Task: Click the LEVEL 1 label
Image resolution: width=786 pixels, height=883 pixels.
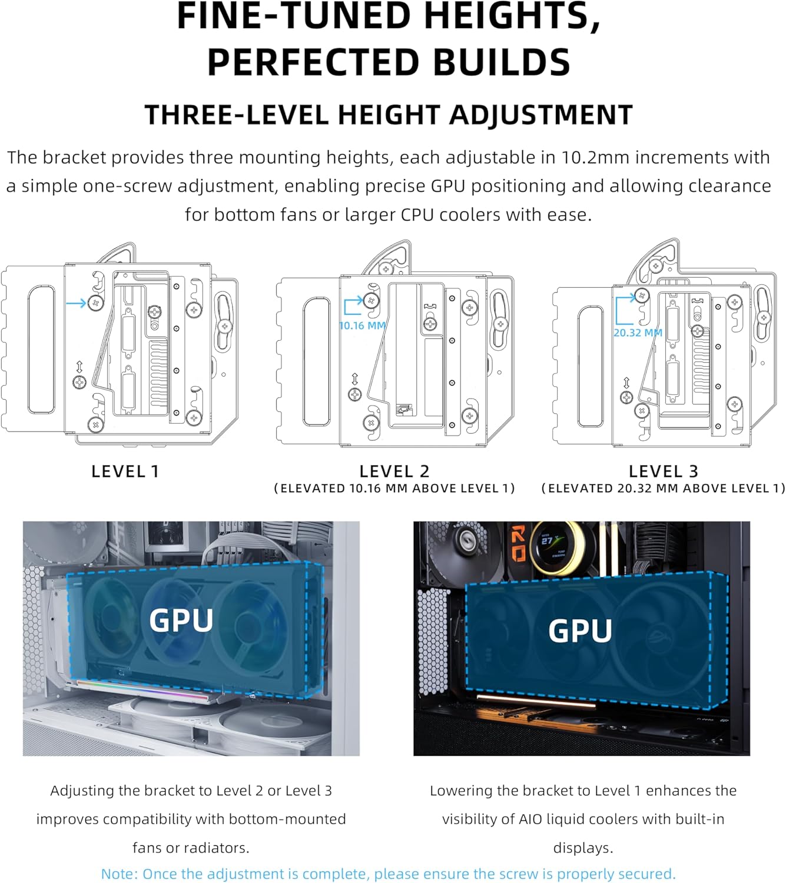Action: [125, 471]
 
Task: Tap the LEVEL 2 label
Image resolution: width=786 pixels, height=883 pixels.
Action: [394, 471]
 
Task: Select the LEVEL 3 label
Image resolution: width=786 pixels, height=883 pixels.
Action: [664, 471]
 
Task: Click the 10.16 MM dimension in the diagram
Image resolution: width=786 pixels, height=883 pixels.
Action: [362, 326]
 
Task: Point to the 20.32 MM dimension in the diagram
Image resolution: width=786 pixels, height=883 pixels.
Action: [638, 333]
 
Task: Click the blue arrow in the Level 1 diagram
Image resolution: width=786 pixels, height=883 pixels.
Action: [77, 303]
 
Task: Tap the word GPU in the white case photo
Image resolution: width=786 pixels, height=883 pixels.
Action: [181, 620]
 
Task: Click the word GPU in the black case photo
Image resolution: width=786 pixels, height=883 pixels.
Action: [580, 630]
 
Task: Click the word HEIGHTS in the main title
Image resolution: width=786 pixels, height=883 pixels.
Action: [512, 16]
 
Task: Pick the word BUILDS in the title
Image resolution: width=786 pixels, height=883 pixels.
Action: [501, 62]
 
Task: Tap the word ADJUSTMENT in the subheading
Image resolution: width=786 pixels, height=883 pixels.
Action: [540, 115]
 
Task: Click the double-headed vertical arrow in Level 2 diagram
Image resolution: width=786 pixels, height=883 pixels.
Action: [355, 379]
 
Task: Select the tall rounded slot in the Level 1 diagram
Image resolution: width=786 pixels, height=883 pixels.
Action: [41, 350]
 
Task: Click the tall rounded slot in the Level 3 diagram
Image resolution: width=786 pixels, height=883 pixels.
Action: [591, 367]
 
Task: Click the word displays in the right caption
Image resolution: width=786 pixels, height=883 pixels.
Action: [583, 848]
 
